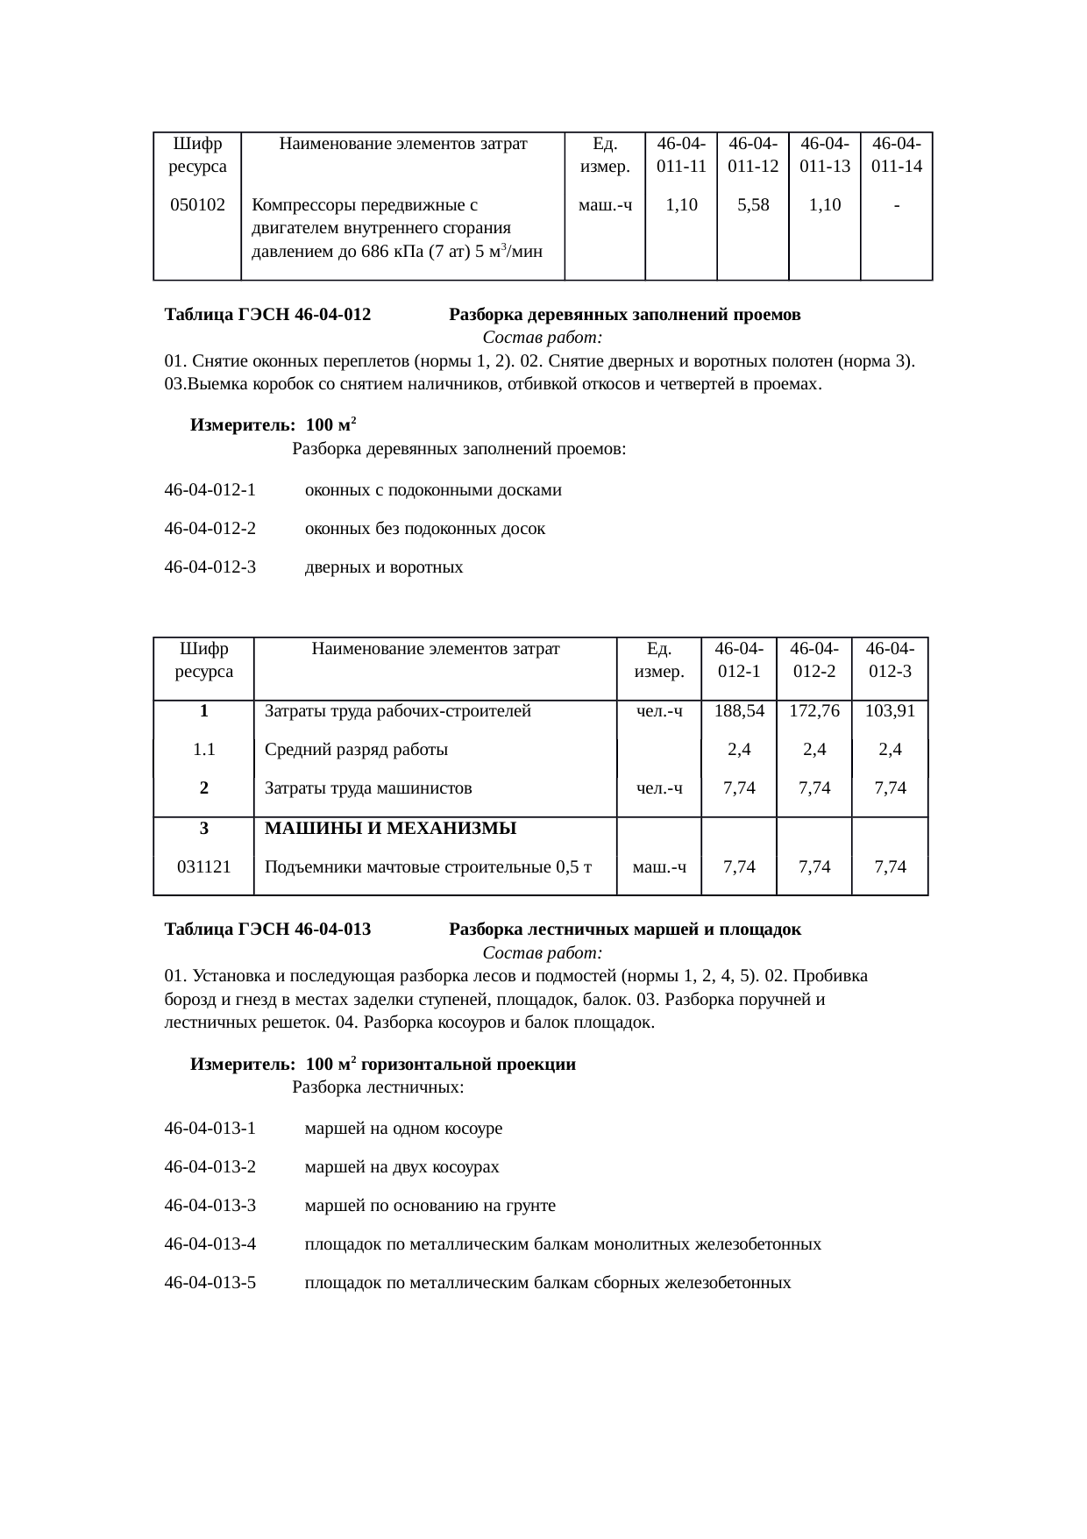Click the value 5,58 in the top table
[x=753, y=205]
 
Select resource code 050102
[x=197, y=205]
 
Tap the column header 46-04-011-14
[x=897, y=154]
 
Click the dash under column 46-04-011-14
[x=897, y=205]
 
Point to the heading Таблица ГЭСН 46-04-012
[x=267, y=315]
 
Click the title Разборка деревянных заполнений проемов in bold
[x=624, y=315]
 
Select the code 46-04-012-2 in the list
[x=210, y=529]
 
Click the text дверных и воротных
[x=384, y=567]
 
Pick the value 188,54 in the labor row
[x=739, y=711]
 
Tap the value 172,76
[x=814, y=711]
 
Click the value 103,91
[x=890, y=711]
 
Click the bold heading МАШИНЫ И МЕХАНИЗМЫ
[x=390, y=829]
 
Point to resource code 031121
[x=204, y=867]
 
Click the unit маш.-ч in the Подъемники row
[x=659, y=867]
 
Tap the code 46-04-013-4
[x=210, y=1244]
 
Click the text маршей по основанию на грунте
[x=430, y=1206]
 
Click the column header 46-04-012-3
[x=890, y=659]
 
